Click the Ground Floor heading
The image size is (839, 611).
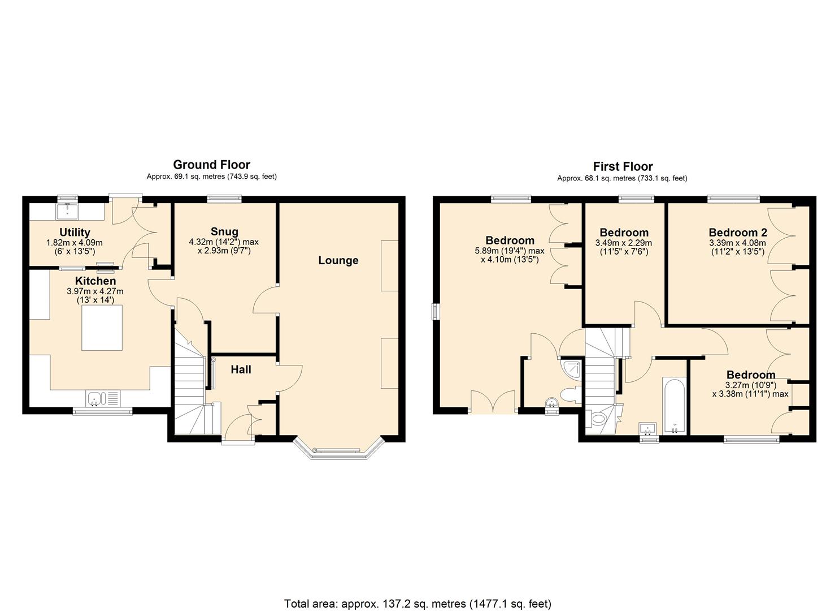[211, 165]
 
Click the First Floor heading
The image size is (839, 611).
[623, 166]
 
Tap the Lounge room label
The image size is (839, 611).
[338, 260]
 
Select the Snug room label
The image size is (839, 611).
[224, 231]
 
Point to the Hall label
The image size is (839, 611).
[241, 369]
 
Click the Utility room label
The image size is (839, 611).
[75, 232]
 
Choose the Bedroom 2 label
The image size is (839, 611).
[737, 233]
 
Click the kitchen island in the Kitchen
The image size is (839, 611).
[102, 328]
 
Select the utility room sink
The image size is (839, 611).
[68, 212]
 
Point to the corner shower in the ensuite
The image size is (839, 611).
[571, 369]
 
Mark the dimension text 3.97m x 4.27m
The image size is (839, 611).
[95, 291]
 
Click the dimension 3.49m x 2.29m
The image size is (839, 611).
[624, 243]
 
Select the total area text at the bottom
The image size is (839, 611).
[418, 604]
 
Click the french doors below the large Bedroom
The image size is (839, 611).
[493, 403]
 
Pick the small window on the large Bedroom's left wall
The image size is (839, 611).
[435, 312]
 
